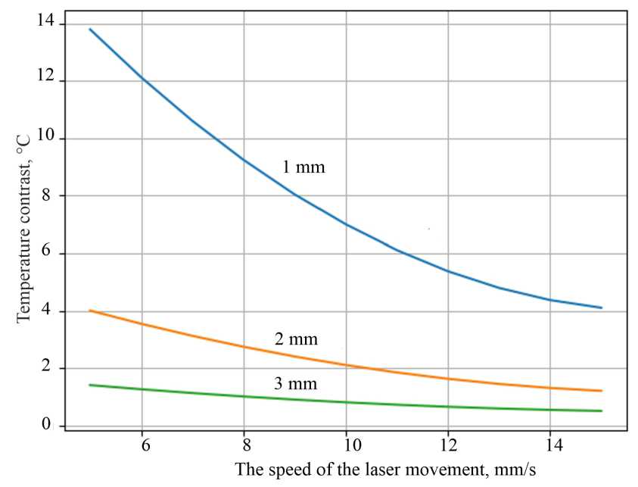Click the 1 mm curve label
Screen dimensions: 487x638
click(303, 167)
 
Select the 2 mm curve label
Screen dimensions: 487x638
click(295, 339)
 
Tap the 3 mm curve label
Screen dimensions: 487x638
click(295, 384)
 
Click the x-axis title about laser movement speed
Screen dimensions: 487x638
click(385, 470)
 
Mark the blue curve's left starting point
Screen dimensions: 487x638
click(90, 29)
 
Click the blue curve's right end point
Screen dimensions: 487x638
click(602, 307)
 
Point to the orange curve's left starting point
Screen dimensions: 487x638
click(90, 311)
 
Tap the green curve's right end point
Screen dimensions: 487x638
click(602, 411)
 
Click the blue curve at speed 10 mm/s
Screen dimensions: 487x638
click(347, 224)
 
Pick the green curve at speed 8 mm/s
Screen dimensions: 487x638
click(244, 396)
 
